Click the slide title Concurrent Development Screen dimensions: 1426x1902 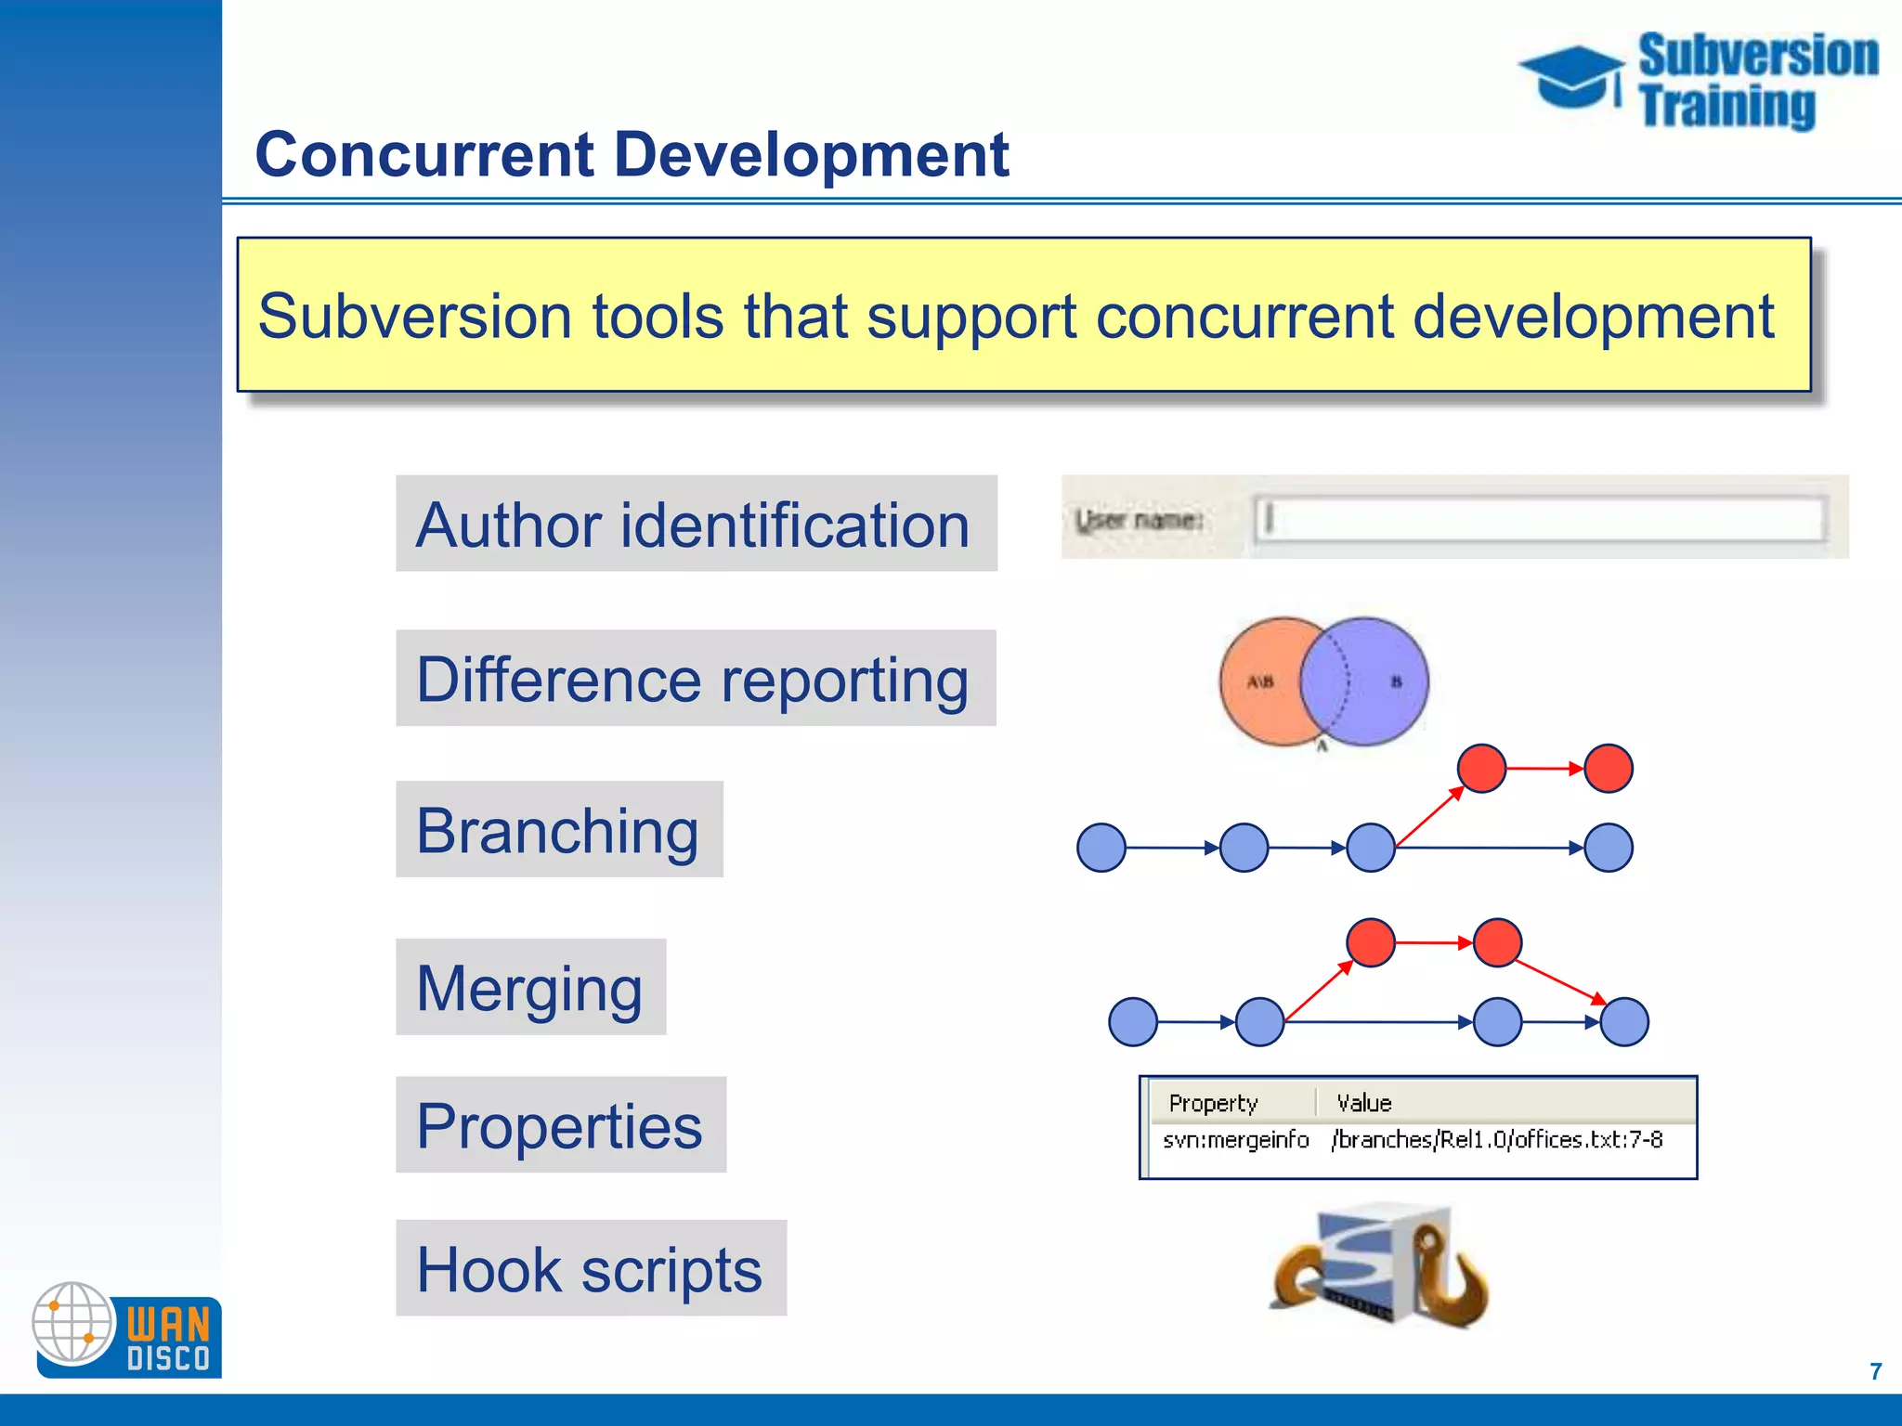tap(632, 154)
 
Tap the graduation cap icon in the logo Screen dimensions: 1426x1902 tap(1571, 76)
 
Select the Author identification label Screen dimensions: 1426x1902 tap(696, 524)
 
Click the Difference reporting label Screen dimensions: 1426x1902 tap(696, 679)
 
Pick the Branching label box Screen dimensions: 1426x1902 tap(559, 829)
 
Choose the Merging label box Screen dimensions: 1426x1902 tap(530, 987)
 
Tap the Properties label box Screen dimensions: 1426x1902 tap(561, 1125)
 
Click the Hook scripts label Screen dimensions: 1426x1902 tap(591, 1268)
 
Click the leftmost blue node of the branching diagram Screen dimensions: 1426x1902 tap(1101, 848)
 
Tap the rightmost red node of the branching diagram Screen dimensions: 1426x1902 tap(1609, 769)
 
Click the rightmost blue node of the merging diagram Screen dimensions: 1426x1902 tap(1625, 1022)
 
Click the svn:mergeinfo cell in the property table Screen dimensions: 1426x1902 tap(1235, 1140)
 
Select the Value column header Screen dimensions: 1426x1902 tap(1363, 1103)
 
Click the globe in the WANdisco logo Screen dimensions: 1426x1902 tap(72, 1322)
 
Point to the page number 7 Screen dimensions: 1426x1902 tap(1875, 1371)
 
